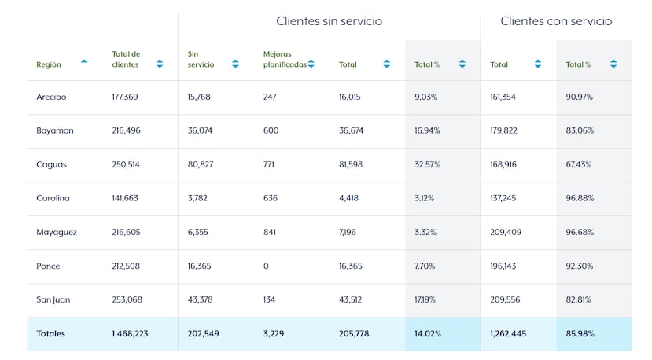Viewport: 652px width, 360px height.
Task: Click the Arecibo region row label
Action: pyautogui.click(x=51, y=97)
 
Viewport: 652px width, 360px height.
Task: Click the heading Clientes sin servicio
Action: pyautogui.click(x=329, y=21)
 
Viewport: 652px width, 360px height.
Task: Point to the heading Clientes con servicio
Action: pyautogui.click(x=556, y=21)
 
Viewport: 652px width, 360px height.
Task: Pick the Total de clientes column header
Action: pyautogui.click(x=126, y=59)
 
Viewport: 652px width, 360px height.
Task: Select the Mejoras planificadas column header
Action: pyautogui.click(x=284, y=59)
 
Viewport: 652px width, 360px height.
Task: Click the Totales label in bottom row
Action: pyautogui.click(x=50, y=334)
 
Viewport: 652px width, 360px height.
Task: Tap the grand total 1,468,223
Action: pyautogui.click(x=130, y=334)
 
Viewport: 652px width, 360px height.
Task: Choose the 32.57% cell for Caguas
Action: pyautogui.click(x=427, y=165)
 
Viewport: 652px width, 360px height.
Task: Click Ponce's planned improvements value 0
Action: pyautogui.click(x=266, y=266)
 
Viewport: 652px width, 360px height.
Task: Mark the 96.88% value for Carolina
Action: pyautogui.click(x=579, y=199)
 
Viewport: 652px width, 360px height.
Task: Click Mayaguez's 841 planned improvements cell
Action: pyautogui.click(x=271, y=233)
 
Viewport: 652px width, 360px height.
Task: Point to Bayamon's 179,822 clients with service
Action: pyautogui.click(x=503, y=131)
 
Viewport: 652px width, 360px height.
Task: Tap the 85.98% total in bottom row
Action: pyautogui.click(x=580, y=334)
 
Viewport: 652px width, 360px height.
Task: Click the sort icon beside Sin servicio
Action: pyautogui.click(x=235, y=64)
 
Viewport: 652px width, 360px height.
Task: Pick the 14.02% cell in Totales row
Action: pyautogui.click(x=428, y=334)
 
